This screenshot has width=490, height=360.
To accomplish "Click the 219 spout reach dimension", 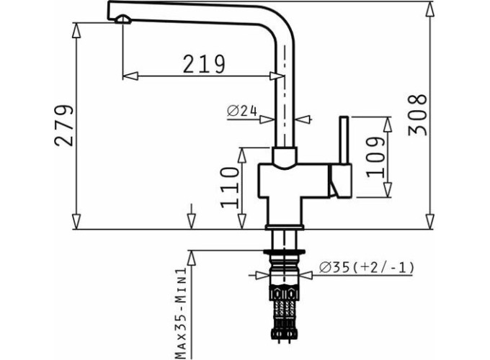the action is click(x=204, y=64).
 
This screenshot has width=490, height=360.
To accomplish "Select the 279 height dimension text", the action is click(x=64, y=125).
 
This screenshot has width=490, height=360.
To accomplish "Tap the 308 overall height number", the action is click(x=418, y=114).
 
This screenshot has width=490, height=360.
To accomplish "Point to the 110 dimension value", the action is click(x=230, y=187).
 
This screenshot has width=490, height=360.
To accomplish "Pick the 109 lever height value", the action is click(x=375, y=158).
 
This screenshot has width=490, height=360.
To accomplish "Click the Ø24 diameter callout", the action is click(x=242, y=111).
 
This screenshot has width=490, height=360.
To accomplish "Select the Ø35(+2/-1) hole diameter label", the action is click(x=367, y=268).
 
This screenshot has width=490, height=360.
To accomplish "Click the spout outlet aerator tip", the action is click(x=122, y=19).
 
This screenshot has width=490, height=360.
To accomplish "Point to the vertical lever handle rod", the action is click(x=344, y=140).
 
